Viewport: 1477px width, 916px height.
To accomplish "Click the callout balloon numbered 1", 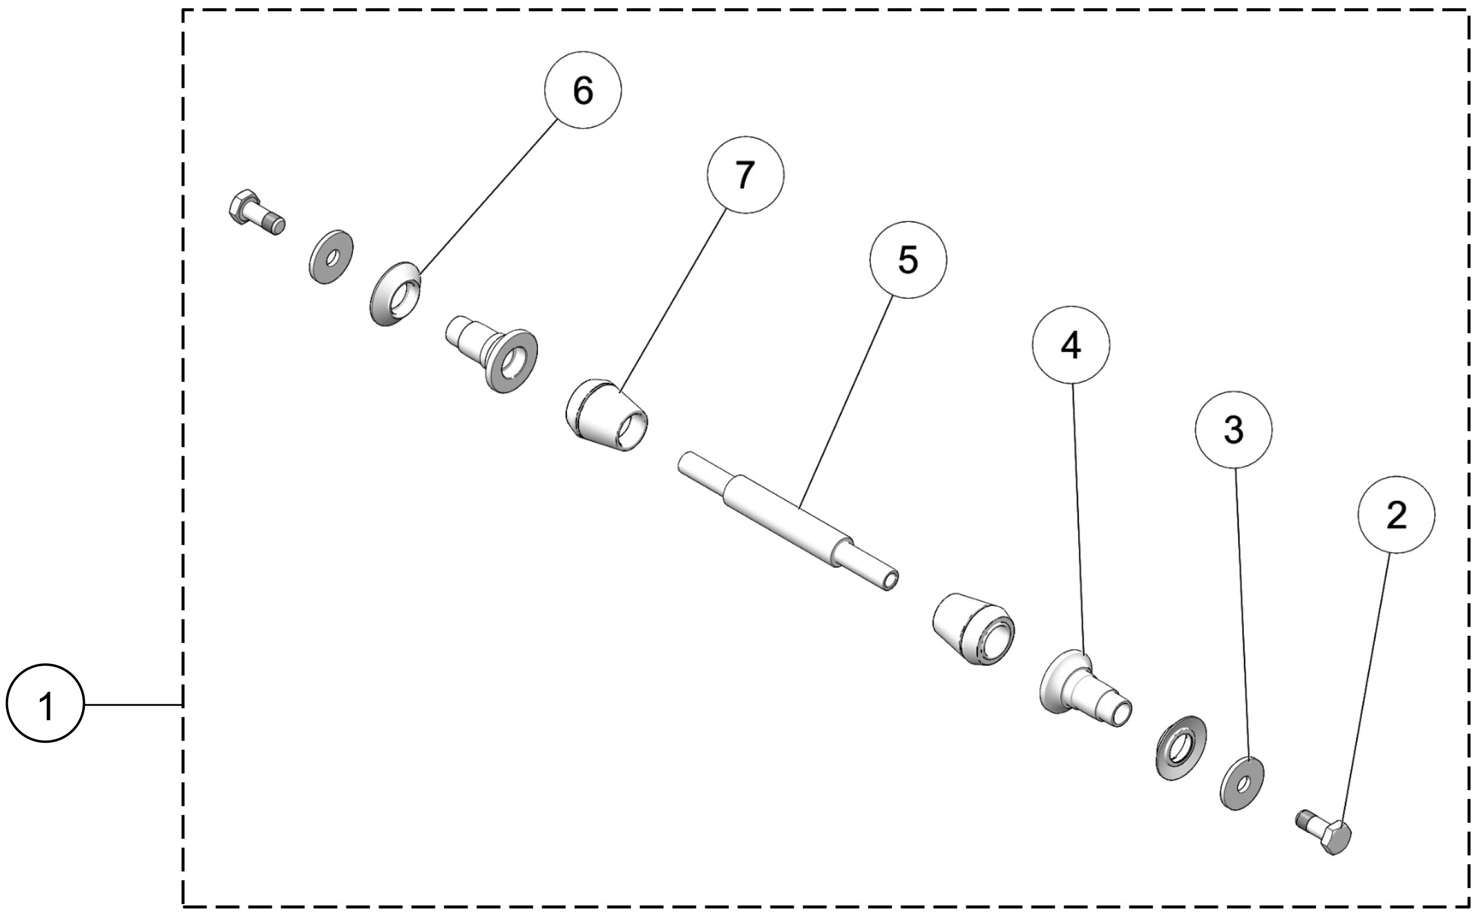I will (45, 704).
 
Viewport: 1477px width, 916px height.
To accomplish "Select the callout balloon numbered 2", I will (1396, 515).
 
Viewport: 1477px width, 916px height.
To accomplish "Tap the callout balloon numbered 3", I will (1233, 430).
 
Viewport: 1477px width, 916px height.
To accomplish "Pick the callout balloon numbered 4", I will (1071, 345).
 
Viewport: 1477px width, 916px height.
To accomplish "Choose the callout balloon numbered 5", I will (907, 260).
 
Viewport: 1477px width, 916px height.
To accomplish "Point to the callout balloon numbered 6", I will (582, 90).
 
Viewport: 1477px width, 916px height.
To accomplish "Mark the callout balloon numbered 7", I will (745, 174).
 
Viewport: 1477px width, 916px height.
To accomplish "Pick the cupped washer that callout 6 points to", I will (396, 293).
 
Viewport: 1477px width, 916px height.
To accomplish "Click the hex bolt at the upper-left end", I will (254, 211).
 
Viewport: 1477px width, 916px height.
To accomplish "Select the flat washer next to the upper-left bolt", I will (331, 256).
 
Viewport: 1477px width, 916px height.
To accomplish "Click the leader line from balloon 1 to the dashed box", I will (133, 705).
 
